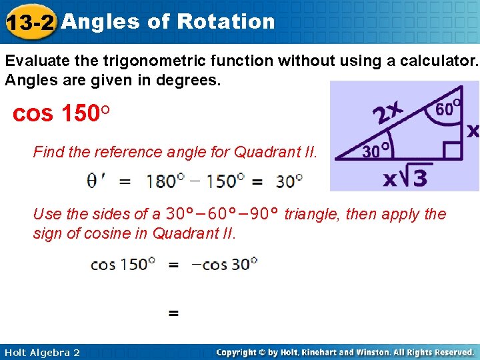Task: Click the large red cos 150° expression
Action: [61, 113]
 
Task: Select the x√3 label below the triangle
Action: [406, 177]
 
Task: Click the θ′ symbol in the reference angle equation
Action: [95, 180]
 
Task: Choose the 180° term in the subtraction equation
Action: [162, 180]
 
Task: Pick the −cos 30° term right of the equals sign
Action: [224, 264]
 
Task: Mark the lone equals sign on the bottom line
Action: [173, 312]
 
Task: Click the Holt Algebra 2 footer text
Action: [41, 352]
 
